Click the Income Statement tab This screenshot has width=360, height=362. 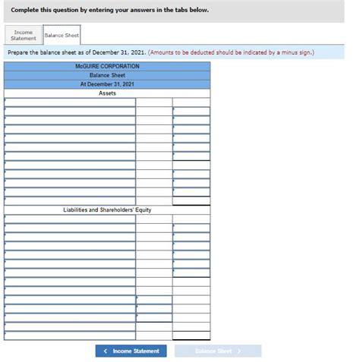24,36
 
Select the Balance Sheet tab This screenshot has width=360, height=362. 62,36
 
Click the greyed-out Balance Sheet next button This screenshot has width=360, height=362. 218,351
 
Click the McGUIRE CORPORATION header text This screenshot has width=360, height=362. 107,66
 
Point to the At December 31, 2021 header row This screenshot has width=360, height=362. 107,84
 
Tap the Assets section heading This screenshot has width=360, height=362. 107,93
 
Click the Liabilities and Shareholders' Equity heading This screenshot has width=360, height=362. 107,209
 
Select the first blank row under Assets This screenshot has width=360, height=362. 70,102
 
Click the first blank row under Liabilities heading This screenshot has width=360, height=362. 70,219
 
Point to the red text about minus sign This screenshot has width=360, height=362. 232,53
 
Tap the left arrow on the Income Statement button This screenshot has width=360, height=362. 106,351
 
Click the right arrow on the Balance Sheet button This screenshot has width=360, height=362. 238,351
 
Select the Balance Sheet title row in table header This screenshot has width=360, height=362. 107,75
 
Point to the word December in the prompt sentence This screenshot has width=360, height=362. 112,53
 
